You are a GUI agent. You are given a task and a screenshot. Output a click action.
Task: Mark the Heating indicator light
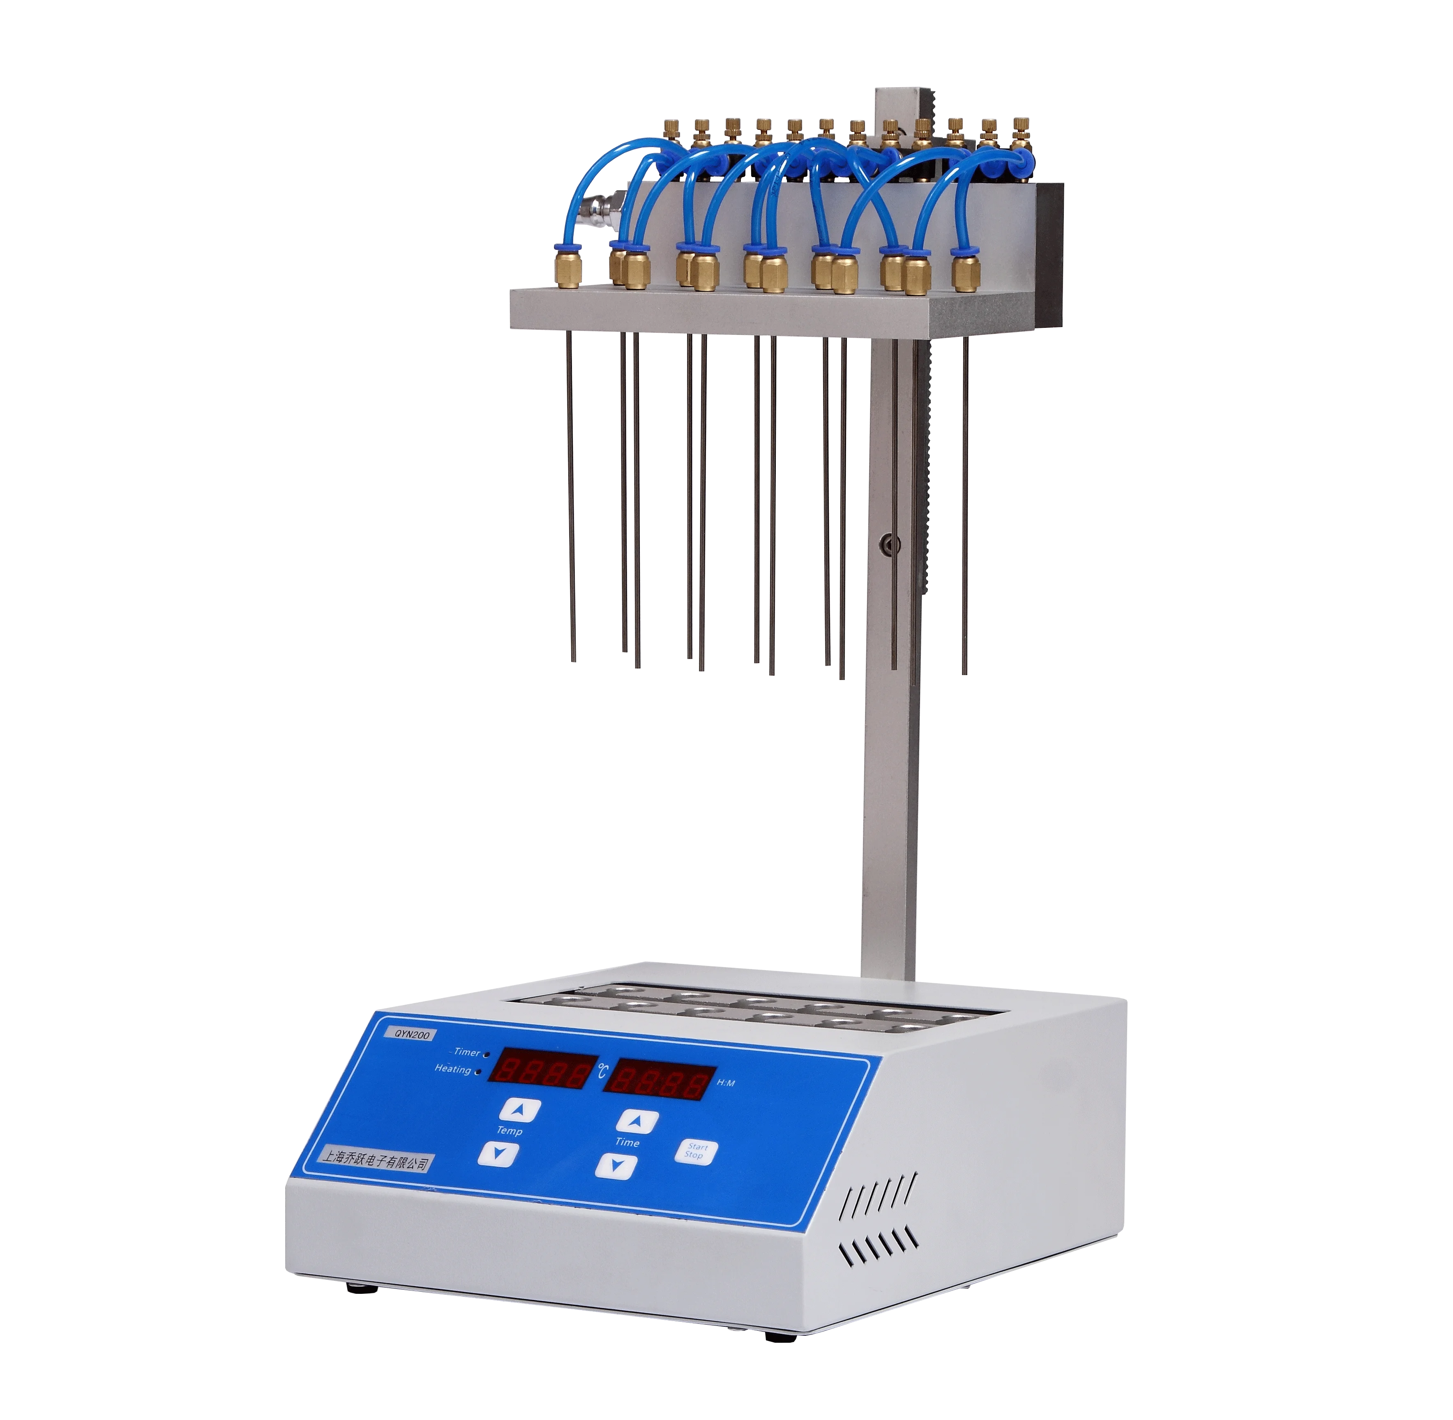click(x=477, y=1072)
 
